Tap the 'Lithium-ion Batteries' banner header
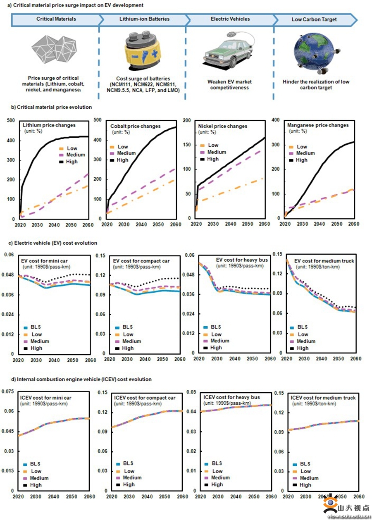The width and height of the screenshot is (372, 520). point(142,19)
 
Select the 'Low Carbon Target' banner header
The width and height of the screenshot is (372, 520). point(314,19)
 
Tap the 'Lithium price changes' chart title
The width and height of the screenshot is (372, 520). point(49,124)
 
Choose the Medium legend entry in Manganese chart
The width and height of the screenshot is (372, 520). point(305,153)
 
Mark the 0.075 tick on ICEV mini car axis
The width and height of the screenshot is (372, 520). point(7,392)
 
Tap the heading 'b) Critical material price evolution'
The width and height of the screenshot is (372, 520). point(52,107)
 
